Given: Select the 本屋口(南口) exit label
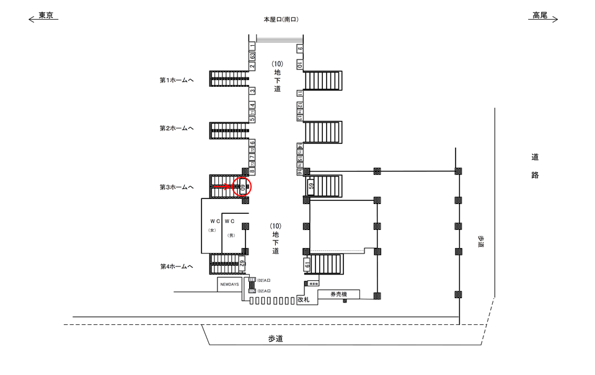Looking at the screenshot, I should [281, 20].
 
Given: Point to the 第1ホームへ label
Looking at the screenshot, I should [177, 80].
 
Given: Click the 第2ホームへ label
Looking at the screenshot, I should [177, 128].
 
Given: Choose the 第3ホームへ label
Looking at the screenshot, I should [177, 187].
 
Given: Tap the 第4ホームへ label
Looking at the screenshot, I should [177, 267].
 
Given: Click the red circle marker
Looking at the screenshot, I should [242, 186].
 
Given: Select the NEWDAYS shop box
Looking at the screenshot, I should [228, 285].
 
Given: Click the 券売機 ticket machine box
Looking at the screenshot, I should [338, 294].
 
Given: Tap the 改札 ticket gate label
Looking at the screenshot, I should [302, 298].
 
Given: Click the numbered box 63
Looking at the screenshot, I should [253, 56].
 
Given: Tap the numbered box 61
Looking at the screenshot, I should [307, 265].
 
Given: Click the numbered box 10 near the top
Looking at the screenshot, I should [299, 65].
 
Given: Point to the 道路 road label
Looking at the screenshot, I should [535, 166].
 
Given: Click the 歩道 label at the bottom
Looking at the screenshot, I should [275, 338].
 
